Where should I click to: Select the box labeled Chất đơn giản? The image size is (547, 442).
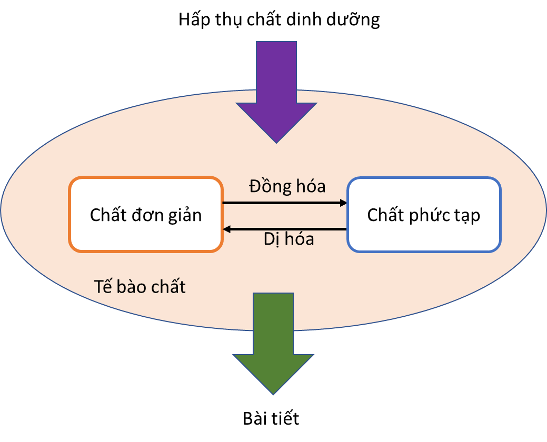(x=146, y=215)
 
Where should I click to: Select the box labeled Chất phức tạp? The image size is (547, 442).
(x=423, y=215)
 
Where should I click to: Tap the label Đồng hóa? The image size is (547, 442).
(x=287, y=186)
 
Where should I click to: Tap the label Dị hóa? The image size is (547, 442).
(x=289, y=239)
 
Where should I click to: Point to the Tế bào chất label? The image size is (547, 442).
(x=140, y=287)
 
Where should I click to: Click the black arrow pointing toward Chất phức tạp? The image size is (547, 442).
(x=284, y=203)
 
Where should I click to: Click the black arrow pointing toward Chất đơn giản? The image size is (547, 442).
(x=284, y=229)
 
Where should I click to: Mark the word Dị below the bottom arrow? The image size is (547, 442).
(x=272, y=239)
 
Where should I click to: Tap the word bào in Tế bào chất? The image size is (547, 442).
(x=135, y=287)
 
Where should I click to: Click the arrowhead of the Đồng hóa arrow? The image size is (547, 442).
(x=343, y=203)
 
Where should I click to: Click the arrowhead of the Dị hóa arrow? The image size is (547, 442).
(x=227, y=229)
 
